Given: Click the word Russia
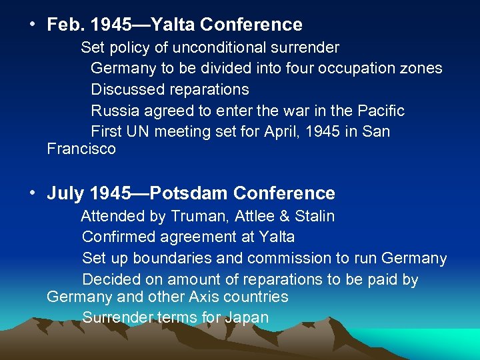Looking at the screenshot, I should click(x=114, y=111).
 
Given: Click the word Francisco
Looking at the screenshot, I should click(x=81, y=149).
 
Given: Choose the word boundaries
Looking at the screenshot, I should click(x=174, y=258).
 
